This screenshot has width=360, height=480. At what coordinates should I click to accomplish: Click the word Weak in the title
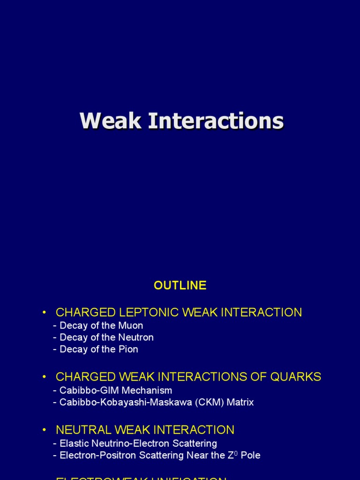tap(110, 121)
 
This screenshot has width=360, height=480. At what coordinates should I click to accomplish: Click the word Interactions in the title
tap(216, 121)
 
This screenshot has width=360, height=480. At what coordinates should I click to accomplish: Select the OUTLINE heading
tap(180, 285)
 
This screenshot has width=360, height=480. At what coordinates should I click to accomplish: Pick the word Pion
tap(128, 349)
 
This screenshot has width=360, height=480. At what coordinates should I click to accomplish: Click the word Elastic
tap(75, 443)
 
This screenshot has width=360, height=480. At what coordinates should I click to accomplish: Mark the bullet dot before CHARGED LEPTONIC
tap(45, 313)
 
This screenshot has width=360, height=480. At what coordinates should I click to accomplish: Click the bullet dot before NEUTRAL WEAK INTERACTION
tap(45, 430)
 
